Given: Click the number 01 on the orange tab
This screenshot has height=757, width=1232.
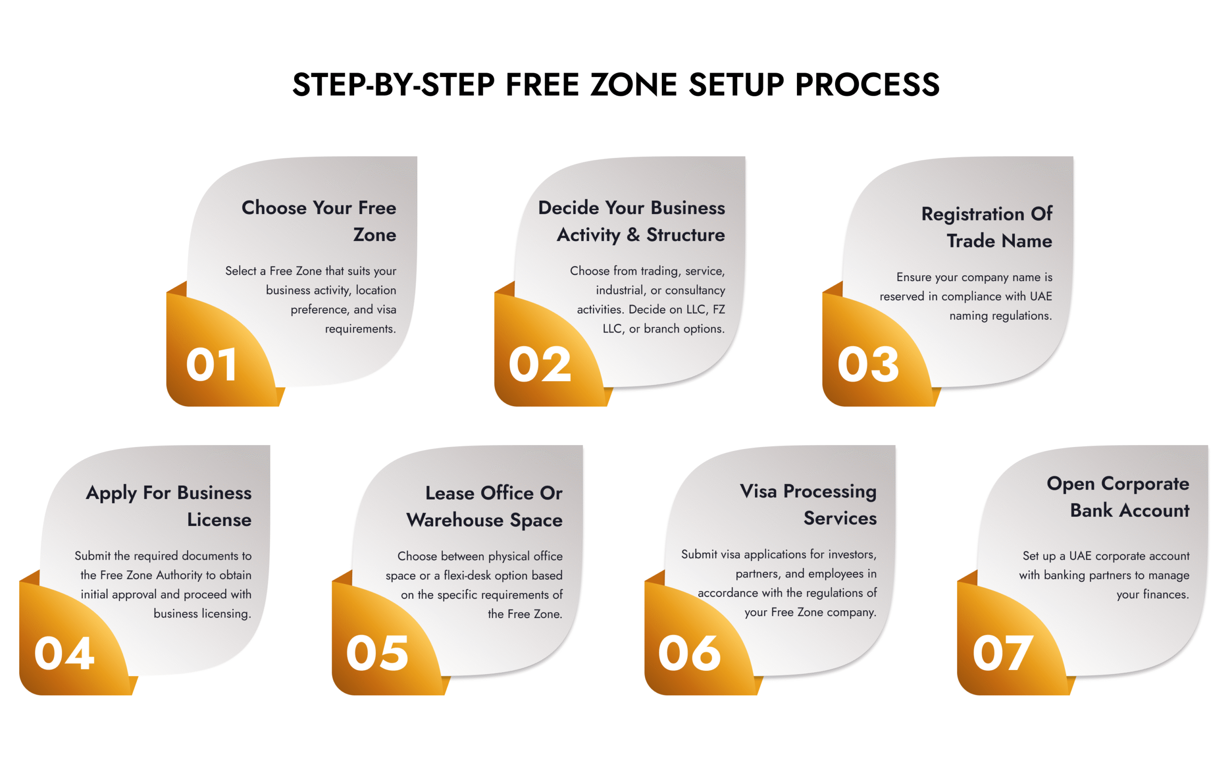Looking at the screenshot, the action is click(x=211, y=364).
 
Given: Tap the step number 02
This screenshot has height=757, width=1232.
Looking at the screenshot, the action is click(x=539, y=364).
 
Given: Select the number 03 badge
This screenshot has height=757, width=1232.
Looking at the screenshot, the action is click(x=868, y=364).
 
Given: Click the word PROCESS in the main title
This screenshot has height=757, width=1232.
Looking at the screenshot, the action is click(x=867, y=84).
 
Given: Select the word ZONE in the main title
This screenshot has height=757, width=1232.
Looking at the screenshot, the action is click(x=633, y=84).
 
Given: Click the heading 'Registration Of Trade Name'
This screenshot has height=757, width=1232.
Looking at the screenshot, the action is click(x=987, y=227).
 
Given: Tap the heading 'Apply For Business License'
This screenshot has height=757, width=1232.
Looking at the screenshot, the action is click(x=169, y=506).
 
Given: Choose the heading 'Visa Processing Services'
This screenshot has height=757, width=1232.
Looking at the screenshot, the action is click(x=808, y=504).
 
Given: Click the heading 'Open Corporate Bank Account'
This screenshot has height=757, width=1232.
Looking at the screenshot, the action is click(x=1117, y=497).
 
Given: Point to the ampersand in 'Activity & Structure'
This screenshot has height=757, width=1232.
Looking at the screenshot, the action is click(x=633, y=235).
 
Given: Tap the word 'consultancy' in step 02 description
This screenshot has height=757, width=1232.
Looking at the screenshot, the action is click(x=695, y=290).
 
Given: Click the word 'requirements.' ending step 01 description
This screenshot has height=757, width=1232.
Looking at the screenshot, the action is click(x=360, y=329).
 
